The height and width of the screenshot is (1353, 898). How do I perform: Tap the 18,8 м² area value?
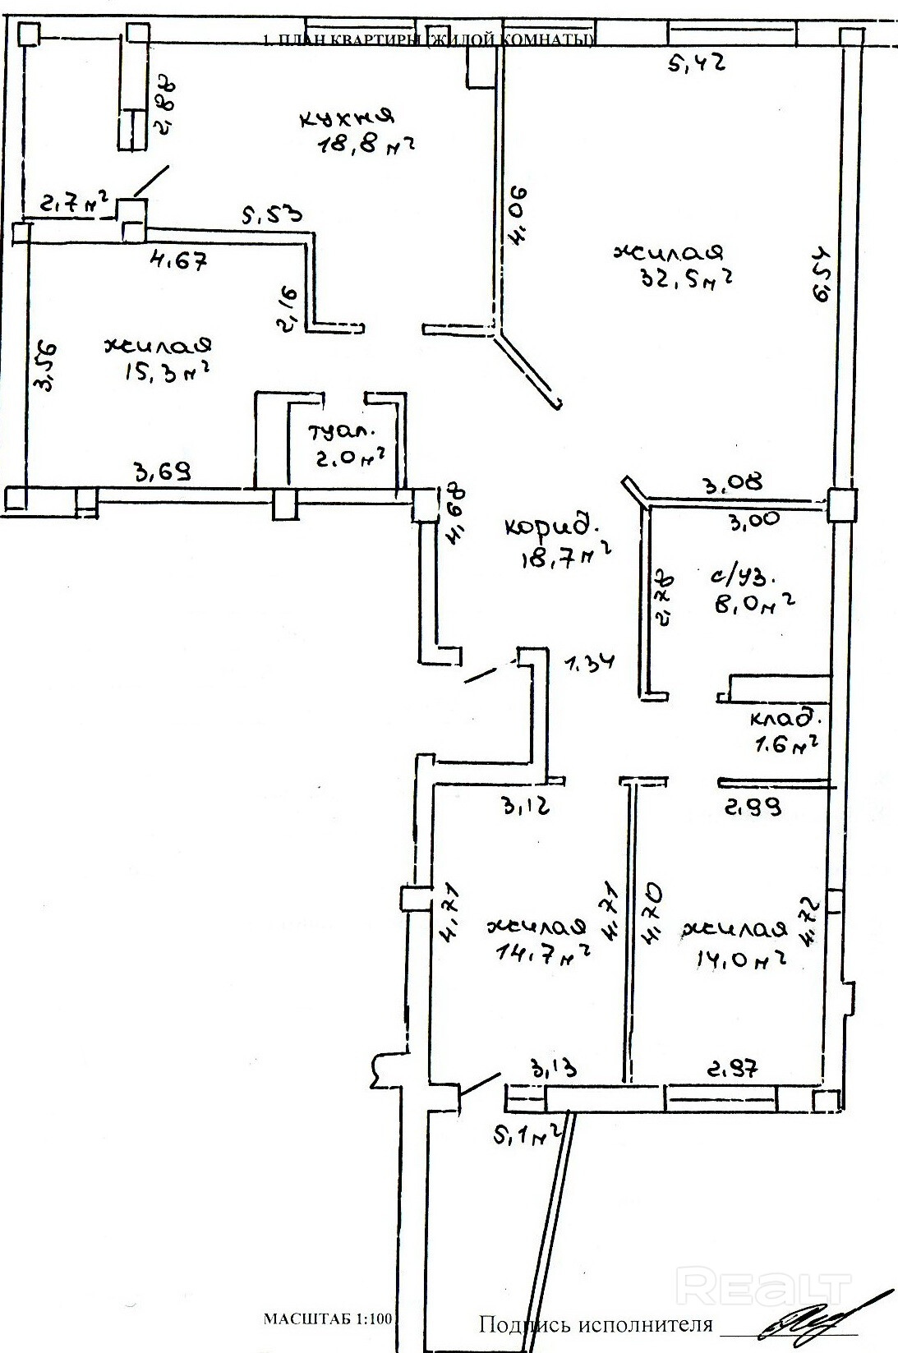coord(365,147)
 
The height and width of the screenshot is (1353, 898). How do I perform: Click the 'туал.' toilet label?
coord(342,430)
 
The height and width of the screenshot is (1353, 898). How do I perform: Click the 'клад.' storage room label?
coord(784,719)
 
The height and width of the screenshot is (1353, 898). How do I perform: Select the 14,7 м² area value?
coord(545,952)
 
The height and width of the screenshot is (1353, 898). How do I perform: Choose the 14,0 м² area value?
coord(735,957)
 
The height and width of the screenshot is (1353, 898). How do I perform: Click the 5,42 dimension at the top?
coord(696,63)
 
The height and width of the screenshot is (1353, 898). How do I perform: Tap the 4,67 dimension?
coord(177,262)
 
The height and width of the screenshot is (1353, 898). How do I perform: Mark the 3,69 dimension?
coord(163,472)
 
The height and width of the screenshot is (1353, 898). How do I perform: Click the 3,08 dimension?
coord(730,481)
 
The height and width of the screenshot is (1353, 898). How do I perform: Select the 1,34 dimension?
coord(589,661)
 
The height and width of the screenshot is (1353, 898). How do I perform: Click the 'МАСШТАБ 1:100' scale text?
coord(329,1319)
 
